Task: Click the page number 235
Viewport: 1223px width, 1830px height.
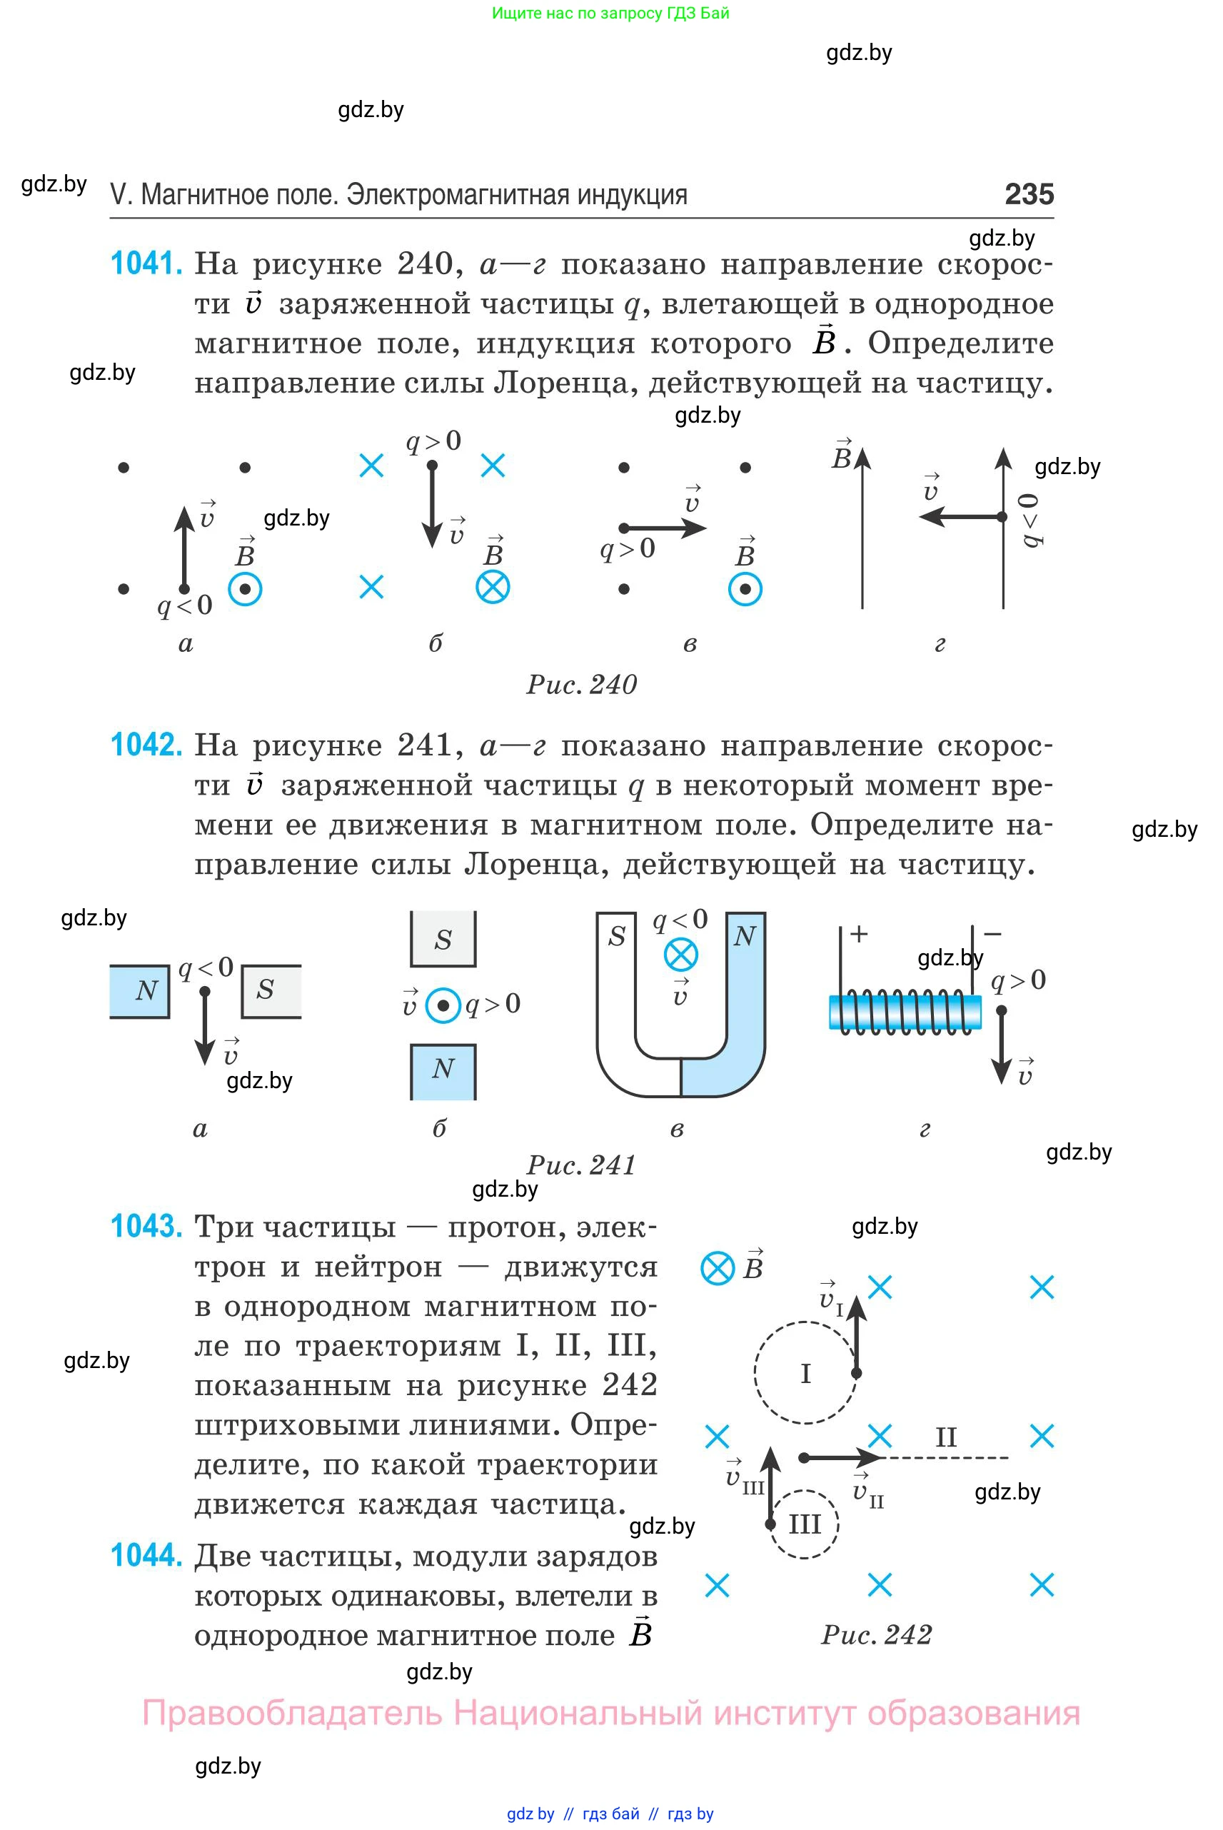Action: tap(1029, 194)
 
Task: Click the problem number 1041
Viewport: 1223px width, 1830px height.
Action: tap(146, 263)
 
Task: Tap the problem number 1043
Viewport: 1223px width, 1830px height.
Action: tap(146, 1226)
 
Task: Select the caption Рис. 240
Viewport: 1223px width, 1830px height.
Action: tap(582, 685)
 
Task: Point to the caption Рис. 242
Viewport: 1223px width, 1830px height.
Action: tap(876, 1634)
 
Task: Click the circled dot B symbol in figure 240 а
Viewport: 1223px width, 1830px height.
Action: tap(245, 590)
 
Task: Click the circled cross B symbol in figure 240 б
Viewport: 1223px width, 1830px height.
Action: tap(493, 588)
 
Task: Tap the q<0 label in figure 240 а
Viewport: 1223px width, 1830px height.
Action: tap(185, 605)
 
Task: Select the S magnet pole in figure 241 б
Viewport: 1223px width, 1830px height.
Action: tap(443, 939)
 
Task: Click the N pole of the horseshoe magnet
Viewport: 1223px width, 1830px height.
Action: tap(745, 936)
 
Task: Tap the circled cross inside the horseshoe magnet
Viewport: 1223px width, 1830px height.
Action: tap(681, 955)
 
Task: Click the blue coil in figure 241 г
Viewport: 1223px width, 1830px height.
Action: tap(905, 1012)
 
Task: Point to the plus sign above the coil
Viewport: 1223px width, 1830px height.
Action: tap(859, 934)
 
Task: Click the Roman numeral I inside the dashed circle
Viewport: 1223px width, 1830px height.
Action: tap(806, 1373)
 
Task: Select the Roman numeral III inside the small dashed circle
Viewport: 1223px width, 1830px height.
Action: tap(805, 1524)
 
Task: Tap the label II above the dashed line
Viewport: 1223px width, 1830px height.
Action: tap(946, 1437)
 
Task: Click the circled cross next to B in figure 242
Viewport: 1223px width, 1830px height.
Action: tap(718, 1268)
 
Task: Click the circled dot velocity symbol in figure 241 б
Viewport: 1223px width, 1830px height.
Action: tap(443, 1006)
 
